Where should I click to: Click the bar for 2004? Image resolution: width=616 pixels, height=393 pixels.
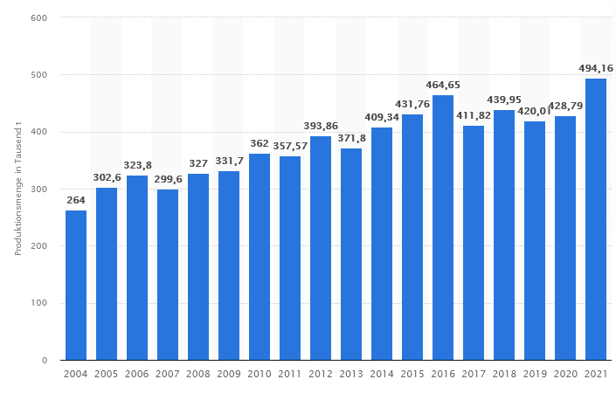[76, 285]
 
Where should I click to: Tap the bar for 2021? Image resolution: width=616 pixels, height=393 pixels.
[596, 219]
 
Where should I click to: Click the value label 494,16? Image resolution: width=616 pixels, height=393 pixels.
[596, 67]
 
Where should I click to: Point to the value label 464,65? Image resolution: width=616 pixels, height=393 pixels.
[443, 85]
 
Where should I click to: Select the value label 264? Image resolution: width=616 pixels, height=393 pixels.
[76, 199]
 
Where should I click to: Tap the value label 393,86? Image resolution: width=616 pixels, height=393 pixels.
[321, 125]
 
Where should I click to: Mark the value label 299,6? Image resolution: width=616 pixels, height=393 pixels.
[168, 178]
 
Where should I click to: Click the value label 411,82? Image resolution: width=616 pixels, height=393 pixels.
[474, 114]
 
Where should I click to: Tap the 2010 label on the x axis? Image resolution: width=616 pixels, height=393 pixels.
[260, 374]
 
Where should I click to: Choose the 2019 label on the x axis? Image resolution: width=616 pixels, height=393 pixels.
[535, 374]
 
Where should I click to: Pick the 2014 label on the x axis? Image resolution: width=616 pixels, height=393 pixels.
[382, 374]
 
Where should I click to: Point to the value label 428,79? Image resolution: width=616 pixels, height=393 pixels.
[565, 105]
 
